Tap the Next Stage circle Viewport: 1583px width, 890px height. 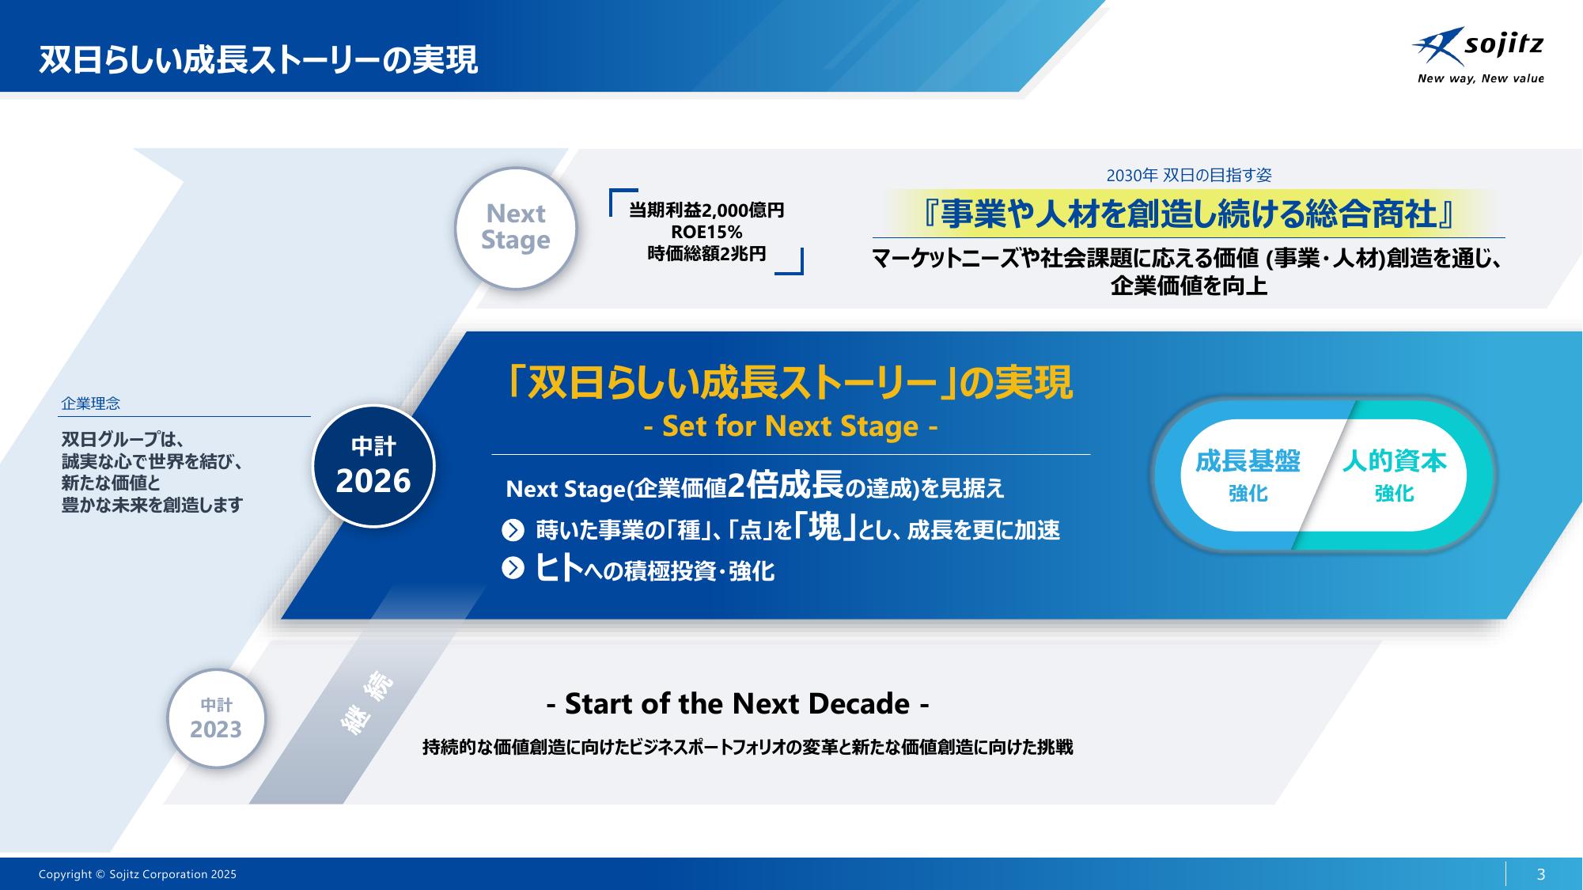[516, 228]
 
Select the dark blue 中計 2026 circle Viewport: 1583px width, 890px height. [373, 466]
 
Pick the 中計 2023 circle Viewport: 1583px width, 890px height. [216, 718]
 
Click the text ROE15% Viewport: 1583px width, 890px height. [706, 232]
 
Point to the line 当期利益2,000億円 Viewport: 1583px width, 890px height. [706, 210]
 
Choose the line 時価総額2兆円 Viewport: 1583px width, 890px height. [706, 254]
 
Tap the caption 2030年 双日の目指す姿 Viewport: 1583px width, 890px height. [1188, 175]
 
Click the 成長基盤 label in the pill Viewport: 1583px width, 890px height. [1248, 461]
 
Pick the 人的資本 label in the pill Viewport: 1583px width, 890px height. [1394, 461]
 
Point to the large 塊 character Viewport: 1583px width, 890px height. [825, 527]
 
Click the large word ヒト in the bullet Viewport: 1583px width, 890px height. [559, 568]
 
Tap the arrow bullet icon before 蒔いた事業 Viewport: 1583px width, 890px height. [513, 530]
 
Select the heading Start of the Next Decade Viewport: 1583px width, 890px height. [737, 703]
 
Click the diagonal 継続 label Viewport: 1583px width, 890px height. [367, 703]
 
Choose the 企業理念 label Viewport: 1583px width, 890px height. [91, 403]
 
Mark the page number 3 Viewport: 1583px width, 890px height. [1540, 874]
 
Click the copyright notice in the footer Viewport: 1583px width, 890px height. [138, 874]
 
